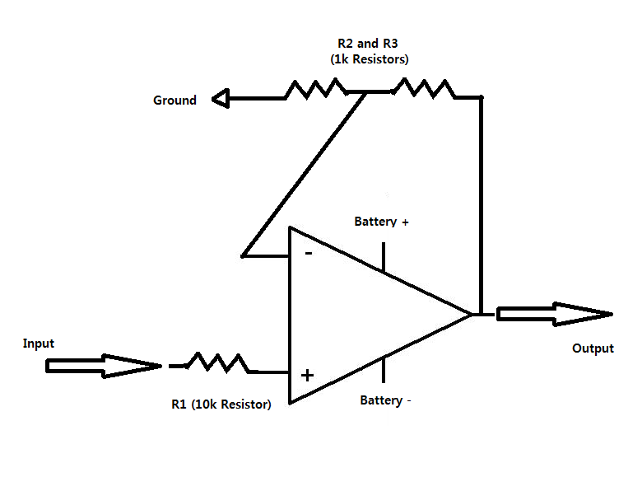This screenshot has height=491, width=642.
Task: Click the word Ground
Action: click(x=174, y=101)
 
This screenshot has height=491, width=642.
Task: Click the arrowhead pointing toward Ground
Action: click(x=221, y=100)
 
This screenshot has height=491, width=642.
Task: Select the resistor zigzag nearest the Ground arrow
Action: click(x=314, y=88)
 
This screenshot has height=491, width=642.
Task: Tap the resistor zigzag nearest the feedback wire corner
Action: click(x=422, y=88)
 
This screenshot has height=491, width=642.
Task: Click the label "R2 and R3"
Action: click(x=368, y=43)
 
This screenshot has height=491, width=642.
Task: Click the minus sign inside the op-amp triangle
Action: click(x=308, y=253)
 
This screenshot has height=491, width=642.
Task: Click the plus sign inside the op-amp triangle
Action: click(x=307, y=376)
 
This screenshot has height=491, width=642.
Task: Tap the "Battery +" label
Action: click(x=381, y=222)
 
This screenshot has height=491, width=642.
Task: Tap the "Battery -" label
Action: click(x=385, y=400)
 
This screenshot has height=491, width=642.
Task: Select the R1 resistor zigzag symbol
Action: click(x=218, y=362)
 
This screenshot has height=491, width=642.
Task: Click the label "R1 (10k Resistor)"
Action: click(x=221, y=404)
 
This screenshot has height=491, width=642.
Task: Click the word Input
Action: click(x=39, y=343)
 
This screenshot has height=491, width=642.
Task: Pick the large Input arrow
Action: click(x=103, y=366)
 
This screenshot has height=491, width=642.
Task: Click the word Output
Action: click(x=593, y=348)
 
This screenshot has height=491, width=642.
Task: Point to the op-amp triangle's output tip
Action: click(x=471, y=314)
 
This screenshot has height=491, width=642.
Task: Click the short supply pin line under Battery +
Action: click(x=383, y=256)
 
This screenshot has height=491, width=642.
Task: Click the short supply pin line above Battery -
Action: click(x=383, y=370)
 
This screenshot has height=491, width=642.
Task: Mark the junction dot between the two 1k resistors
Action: click(x=366, y=92)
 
